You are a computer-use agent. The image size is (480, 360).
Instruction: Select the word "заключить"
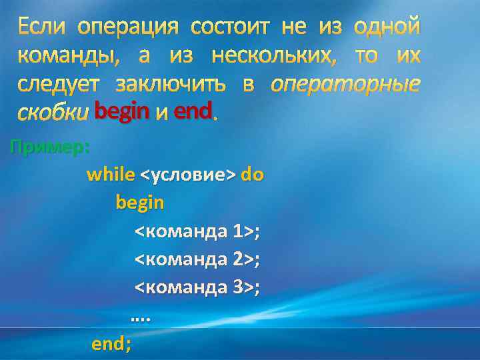[x=170, y=85]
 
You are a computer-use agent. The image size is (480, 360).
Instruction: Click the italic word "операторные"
[x=345, y=85]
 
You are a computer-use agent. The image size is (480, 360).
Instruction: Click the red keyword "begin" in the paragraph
[x=121, y=111]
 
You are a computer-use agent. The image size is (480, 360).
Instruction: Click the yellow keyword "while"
[x=111, y=175]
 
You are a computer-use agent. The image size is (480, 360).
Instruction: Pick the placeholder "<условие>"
[x=187, y=175]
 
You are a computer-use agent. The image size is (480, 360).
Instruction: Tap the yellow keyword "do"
[x=252, y=175]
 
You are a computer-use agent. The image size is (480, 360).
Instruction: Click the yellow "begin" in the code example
[x=139, y=203]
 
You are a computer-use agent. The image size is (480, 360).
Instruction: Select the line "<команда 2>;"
[x=197, y=259]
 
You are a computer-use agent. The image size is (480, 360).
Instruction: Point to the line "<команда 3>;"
[x=197, y=288]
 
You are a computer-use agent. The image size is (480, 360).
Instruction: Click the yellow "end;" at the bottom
[x=111, y=344]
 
